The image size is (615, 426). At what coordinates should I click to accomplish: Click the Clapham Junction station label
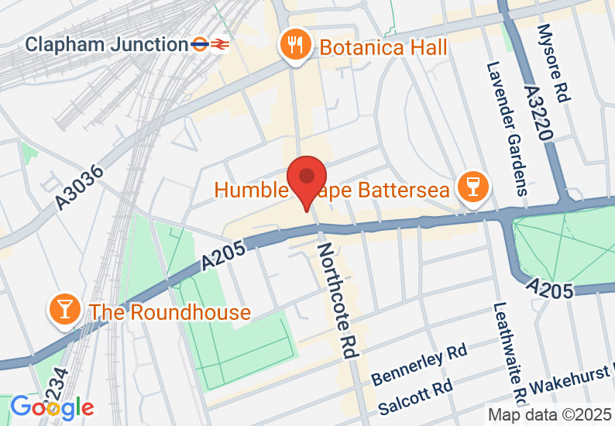[x=107, y=44]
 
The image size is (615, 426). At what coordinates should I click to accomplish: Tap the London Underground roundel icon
[x=201, y=44]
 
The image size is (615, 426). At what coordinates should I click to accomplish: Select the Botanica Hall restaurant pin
[x=295, y=44]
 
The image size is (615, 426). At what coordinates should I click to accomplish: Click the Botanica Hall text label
[x=383, y=47]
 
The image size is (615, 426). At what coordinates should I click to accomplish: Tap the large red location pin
[x=307, y=180]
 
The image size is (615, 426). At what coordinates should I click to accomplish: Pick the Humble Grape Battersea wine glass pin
[x=469, y=187]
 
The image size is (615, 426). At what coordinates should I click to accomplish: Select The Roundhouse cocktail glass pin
[x=64, y=308]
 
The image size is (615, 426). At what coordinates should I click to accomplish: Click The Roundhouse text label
[x=170, y=312]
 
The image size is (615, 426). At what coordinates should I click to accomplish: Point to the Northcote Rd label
[x=337, y=299]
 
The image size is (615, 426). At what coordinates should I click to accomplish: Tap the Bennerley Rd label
[x=419, y=366]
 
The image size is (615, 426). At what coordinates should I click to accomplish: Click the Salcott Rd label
[x=414, y=397]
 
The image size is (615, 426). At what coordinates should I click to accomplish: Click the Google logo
[x=52, y=407]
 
